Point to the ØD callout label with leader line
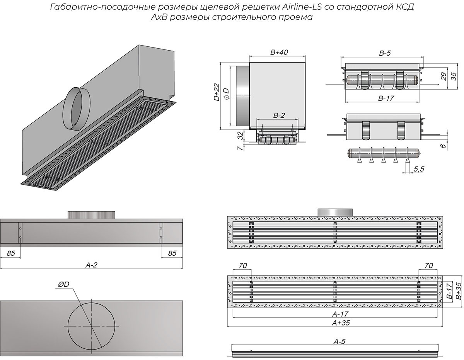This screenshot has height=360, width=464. [63, 285]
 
